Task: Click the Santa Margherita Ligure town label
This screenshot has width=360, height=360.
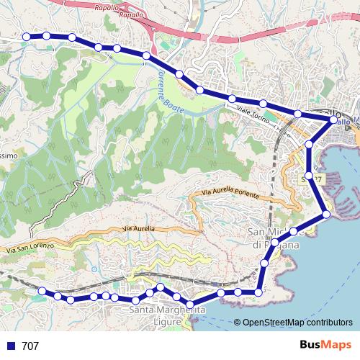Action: (x=163, y=315)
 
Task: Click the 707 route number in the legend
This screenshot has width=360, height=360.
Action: (x=31, y=346)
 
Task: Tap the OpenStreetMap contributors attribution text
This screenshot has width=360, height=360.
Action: (x=297, y=323)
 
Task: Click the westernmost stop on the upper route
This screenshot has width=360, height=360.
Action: (x=27, y=37)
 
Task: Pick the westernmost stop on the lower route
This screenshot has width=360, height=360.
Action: (x=42, y=291)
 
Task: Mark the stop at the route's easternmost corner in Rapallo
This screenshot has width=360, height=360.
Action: (x=332, y=121)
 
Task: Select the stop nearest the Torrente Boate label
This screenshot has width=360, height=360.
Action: (x=179, y=74)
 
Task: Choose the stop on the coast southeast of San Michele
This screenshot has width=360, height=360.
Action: (x=325, y=214)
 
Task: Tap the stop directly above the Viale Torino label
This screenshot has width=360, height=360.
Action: (x=233, y=99)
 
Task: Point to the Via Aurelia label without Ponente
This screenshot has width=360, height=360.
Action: (x=138, y=228)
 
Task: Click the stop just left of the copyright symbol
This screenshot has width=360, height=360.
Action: (x=220, y=293)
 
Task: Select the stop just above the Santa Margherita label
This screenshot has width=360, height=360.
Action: (x=160, y=288)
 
